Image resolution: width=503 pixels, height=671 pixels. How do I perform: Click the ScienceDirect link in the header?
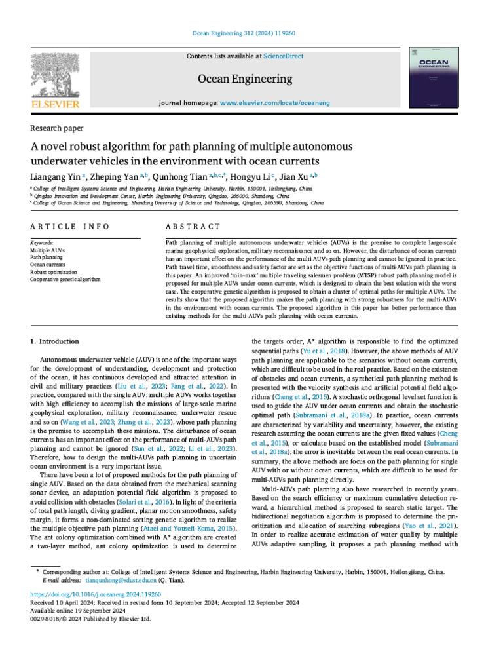pos(284,56)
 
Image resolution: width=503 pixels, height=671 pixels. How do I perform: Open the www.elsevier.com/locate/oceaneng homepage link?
pos(275,104)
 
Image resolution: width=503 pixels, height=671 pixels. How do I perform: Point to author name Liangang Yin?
pos(57,176)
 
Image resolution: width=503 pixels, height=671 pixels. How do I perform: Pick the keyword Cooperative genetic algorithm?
pos(65,280)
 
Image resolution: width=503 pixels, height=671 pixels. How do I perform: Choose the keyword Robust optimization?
pos(54,272)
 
